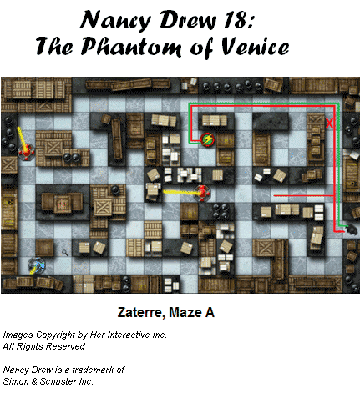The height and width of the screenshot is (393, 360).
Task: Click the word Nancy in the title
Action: pos(115,20)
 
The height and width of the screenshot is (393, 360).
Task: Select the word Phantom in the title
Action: pos(131,46)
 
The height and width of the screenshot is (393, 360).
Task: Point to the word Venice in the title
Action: pos(256,47)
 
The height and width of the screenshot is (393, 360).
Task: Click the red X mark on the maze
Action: pos(329,123)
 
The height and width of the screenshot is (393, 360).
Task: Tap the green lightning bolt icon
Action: pos(207,139)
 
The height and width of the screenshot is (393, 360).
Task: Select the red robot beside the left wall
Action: pos(27,152)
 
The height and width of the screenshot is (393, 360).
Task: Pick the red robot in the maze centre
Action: pos(203,193)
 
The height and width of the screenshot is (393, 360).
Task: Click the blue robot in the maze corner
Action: pos(37,265)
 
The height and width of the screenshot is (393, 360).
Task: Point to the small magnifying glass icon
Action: pos(65,253)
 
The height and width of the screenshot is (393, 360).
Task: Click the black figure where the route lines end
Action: pos(352,229)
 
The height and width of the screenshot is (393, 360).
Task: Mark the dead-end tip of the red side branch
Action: pos(274,196)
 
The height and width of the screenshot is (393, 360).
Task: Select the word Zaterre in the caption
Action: pos(139,312)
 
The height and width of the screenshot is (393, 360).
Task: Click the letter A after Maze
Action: pos(210,312)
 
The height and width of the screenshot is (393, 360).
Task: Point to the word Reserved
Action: pos(65,346)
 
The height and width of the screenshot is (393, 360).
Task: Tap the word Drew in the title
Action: pos(188,19)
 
